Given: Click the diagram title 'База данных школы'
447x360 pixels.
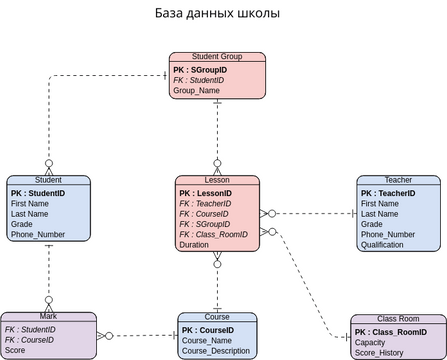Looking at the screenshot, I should click(217, 14).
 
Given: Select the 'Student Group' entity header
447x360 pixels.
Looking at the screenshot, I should click(218, 57).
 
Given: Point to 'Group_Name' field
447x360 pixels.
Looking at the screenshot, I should click(196, 90).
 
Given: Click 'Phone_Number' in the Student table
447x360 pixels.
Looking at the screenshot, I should click(38, 234).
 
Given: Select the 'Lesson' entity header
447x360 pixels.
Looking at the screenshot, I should click(217, 180).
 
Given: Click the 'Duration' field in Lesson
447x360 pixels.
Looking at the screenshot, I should click(194, 245).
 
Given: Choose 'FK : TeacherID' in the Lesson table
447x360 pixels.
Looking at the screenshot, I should click(205, 203).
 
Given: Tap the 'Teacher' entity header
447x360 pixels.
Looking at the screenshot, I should click(398, 180).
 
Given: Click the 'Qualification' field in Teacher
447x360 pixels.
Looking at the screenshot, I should click(383, 245).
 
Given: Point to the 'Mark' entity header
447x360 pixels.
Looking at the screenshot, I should click(48, 316).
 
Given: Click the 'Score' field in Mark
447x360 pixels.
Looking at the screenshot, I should click(16, 350).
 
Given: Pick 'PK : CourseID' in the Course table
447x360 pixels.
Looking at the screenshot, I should click(208, 329).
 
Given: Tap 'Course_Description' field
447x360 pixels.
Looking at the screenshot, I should click(217, 351).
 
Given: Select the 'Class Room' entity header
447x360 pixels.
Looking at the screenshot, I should click(398, 318).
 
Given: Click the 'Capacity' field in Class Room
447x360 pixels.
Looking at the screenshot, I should click(370, 341).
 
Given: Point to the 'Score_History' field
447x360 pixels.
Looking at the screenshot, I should click(379, 352).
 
